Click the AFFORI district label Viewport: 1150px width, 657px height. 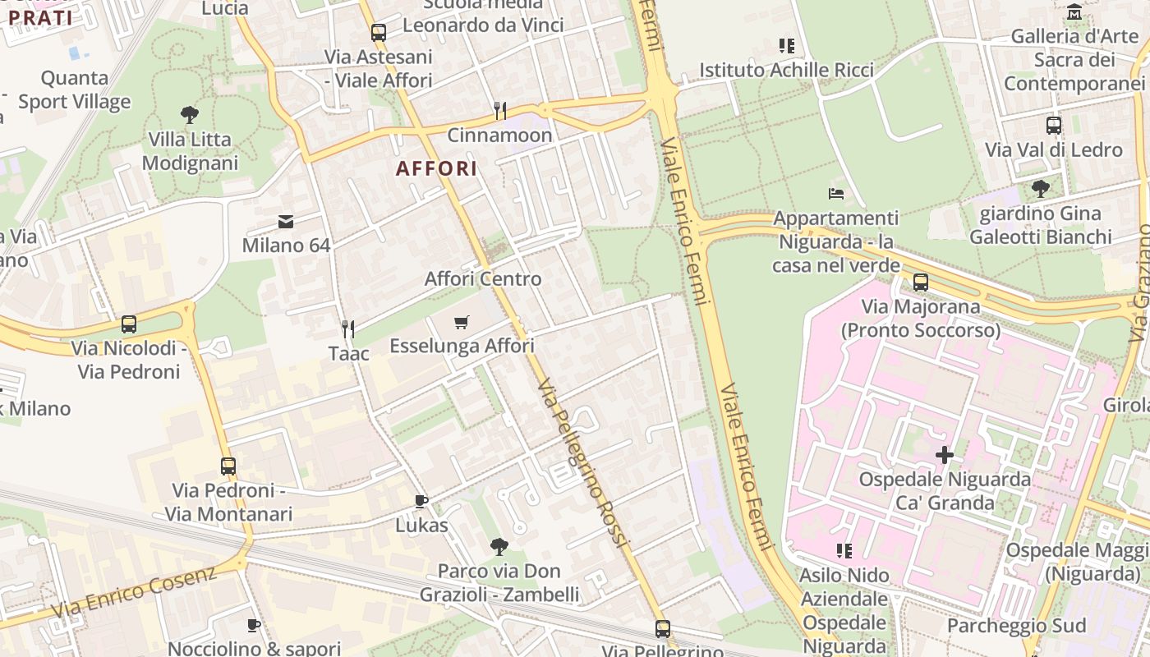436,169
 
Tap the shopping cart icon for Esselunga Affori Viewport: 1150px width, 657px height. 461,322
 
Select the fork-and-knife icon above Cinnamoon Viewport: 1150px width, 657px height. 499,110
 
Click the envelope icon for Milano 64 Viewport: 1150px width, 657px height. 286,221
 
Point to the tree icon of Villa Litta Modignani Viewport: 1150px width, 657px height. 190,115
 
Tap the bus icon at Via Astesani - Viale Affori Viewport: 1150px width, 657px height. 378,33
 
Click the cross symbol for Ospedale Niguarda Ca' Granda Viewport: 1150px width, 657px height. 944,454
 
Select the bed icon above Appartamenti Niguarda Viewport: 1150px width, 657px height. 835,194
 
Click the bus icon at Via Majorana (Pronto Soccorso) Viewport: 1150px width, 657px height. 920,283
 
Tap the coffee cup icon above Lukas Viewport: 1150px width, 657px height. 421,501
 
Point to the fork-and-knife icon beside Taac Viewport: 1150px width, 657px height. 348,329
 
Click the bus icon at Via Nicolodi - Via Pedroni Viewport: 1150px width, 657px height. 128,324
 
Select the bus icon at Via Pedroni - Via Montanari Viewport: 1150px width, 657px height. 228,466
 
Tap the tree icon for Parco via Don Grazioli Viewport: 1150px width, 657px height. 499,546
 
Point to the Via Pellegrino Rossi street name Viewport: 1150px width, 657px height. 582,464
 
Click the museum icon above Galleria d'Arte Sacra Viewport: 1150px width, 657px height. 1074,12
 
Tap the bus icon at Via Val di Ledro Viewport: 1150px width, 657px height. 1053,126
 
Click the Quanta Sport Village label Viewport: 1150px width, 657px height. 75,90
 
